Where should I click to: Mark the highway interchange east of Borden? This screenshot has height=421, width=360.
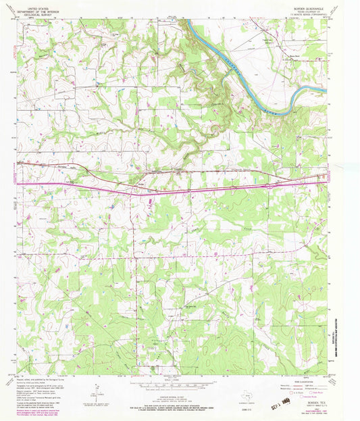tap(269, 184)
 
